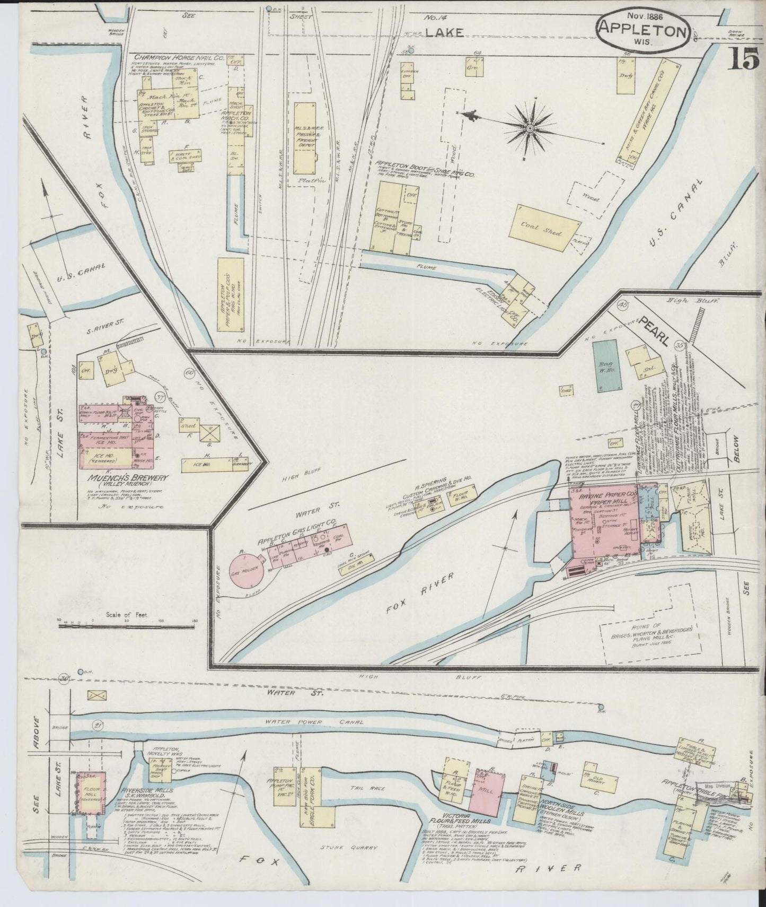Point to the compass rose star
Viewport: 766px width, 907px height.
[530, 128]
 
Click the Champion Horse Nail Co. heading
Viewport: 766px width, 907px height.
[179, 56]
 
